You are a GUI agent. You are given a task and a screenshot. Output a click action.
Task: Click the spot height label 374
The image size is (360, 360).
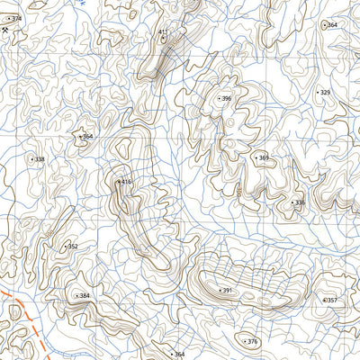[16, 19]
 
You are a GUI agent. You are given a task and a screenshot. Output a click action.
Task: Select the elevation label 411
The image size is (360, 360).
[163, 32]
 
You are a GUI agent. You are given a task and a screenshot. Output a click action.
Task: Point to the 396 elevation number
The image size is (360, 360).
[227, 98]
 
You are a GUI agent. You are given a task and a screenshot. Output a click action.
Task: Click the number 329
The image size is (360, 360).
[326, 92]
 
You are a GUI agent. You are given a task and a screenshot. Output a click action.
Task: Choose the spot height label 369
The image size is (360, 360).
[264, 158]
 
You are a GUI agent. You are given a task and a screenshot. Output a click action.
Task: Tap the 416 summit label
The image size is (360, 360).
[127, 182]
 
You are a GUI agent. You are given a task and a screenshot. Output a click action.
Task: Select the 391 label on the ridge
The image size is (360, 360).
[228, 291]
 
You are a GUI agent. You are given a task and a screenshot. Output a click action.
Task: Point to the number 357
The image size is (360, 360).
[331, 300]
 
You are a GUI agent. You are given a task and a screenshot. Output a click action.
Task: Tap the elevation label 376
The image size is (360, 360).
[253, 342]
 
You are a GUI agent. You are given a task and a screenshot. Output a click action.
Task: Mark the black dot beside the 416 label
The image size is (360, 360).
[118, 182]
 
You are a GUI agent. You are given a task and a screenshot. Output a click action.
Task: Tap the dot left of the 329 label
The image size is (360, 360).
[317, 92]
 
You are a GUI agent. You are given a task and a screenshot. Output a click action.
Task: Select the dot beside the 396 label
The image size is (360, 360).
[218, 98]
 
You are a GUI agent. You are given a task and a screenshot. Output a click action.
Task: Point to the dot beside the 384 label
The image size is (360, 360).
[76, 295]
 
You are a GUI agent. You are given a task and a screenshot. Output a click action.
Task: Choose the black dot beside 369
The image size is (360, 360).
[256, 158]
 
